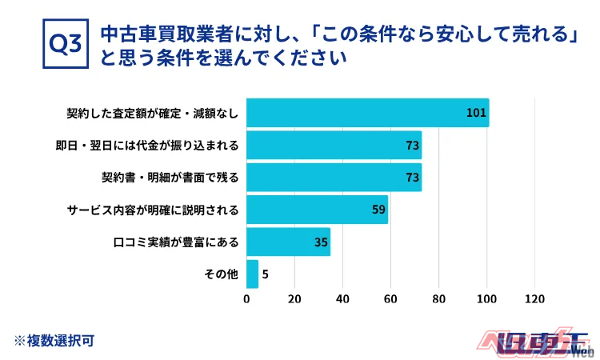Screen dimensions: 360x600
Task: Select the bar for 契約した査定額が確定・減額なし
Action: tap(367, 113)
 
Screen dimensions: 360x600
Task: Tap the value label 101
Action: tap(476, 113)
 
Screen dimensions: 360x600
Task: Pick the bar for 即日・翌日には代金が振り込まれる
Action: tap(334, 145)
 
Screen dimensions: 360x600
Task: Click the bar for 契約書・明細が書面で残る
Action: tap(334, 177)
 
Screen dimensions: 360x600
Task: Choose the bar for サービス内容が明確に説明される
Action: tap(317, 210)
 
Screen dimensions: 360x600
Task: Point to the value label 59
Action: tap(379, 210)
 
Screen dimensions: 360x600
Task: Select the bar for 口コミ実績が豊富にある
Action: tap(288, 242)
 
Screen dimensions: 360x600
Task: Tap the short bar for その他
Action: tap(252, 274)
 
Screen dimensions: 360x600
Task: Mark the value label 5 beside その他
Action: tap(265, 274)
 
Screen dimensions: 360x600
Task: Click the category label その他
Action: tap(222, 274)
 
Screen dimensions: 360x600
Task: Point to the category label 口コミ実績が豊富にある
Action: tap(178, 242)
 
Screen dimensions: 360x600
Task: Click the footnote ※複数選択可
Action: tap(54, 340)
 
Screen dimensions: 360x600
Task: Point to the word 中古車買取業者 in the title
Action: tap(150, 35)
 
